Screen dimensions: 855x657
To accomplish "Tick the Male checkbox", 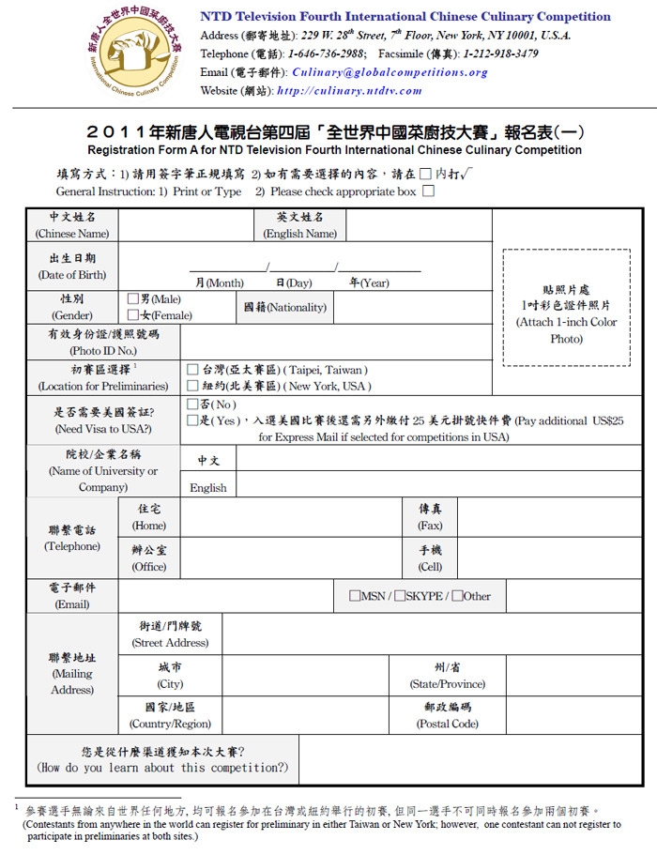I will (133, 298).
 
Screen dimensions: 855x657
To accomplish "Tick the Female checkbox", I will (133, 315).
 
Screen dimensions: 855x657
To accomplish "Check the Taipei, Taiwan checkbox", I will (192, 370).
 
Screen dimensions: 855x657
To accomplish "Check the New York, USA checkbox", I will (192, 386).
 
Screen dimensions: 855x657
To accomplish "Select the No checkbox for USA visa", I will (192, 405).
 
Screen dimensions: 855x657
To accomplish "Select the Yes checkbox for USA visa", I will (192, 421).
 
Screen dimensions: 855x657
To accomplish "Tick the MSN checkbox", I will (355, 596).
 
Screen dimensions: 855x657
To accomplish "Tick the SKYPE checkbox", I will (400, 596).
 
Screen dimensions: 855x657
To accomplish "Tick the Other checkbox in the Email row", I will (457, 596).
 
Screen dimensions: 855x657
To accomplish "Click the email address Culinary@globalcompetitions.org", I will (390, 72).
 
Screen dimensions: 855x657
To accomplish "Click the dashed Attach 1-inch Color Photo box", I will (566, 307).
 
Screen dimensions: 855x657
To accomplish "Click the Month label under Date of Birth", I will (219, 282).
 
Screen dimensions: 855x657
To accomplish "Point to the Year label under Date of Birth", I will (369, 282).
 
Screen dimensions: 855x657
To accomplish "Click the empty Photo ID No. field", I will (336, 342).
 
